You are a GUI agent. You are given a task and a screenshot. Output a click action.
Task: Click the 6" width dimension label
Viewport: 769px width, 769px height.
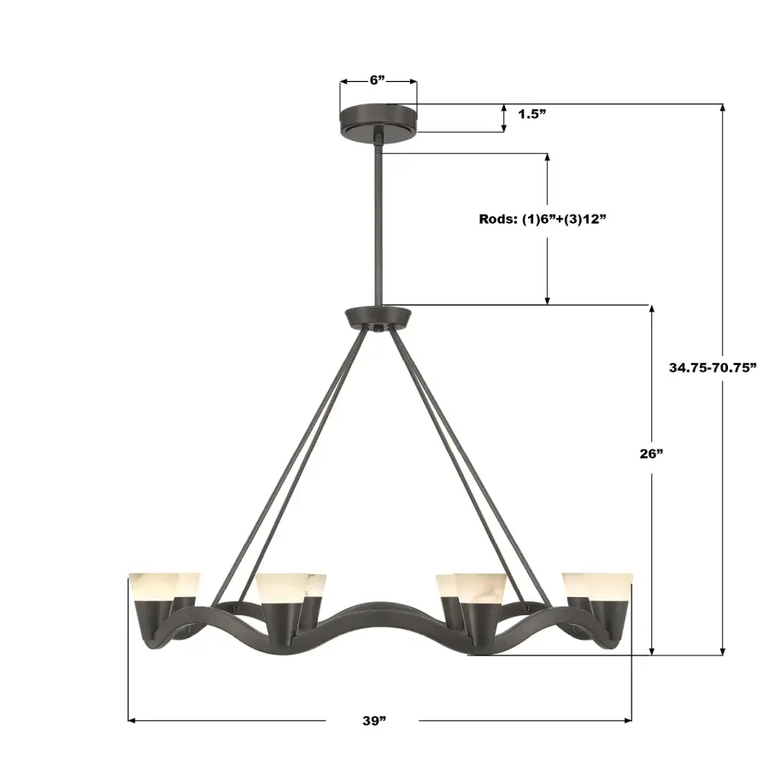378,80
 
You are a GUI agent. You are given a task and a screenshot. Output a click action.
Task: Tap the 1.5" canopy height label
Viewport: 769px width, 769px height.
531,114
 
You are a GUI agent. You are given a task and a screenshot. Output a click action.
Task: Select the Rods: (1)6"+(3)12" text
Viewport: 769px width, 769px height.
542,219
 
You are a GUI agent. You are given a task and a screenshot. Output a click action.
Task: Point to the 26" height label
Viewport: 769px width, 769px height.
651,454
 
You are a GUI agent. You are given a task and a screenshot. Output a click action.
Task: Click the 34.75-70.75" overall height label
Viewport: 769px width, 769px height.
713,367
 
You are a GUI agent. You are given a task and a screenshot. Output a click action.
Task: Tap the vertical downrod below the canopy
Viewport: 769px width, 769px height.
377,222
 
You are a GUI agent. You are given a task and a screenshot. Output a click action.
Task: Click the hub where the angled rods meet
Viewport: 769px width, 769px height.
377,317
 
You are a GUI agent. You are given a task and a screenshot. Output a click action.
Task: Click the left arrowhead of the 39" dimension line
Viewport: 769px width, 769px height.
132,720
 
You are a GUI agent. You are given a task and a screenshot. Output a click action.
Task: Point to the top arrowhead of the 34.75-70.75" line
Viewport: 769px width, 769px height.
724,108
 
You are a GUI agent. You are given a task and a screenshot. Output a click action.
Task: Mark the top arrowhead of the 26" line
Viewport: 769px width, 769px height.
653,309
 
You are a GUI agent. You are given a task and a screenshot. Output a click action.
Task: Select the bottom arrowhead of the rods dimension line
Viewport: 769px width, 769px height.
548,300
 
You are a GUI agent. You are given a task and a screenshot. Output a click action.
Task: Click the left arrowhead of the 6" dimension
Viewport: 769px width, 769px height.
343,82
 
